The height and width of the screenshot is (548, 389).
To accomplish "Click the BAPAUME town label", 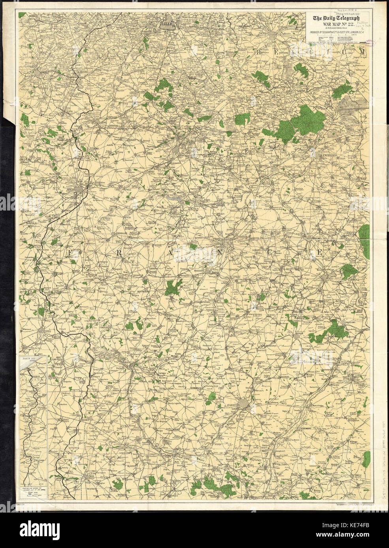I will tap(101, 282).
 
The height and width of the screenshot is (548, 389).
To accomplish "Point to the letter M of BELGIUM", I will tap(360, 52).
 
